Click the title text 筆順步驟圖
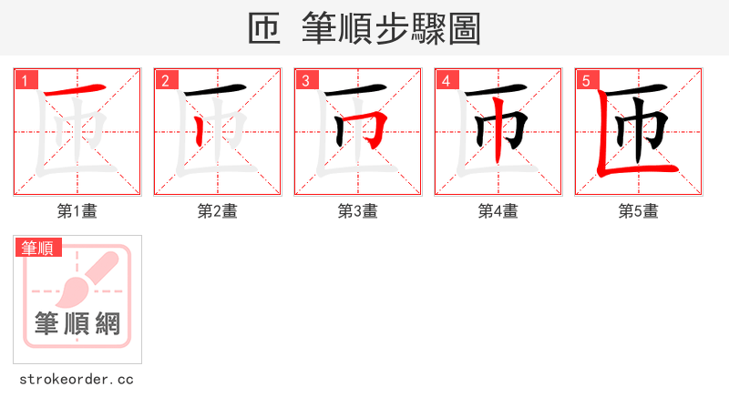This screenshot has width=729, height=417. (x=391, y=28)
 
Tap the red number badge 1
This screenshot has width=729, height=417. (x=26, y=81)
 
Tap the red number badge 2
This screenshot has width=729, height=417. (x=166, y=81)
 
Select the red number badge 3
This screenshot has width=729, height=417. (x=306, y=81)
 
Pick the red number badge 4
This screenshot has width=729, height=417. (x=447, y=81)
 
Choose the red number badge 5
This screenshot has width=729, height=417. (x=587, y=81)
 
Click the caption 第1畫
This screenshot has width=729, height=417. (x=77, y=211)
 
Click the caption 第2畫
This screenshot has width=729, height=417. (x=218, y=211)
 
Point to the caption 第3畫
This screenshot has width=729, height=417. (x=358, y=211)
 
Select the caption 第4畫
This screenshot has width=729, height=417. (x=498, y=211)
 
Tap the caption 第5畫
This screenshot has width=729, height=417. (x=639, y=211)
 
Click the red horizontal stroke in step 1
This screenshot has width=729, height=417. (x=77, y=92)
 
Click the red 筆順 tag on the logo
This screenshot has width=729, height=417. (x=37, y=247)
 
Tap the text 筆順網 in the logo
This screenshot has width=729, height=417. (x=77, y=323)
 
